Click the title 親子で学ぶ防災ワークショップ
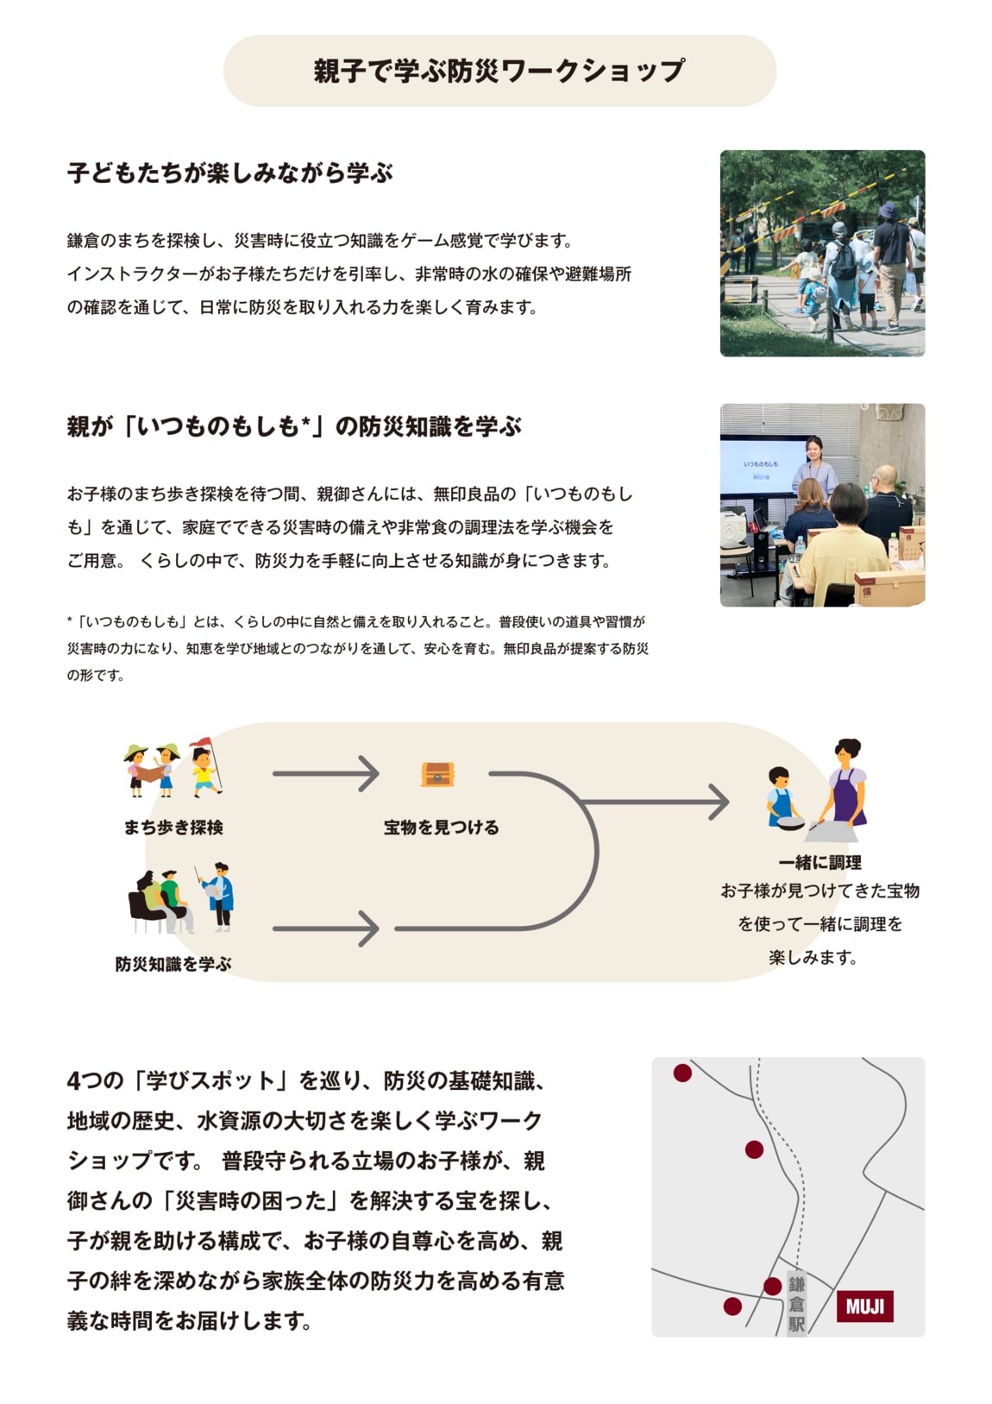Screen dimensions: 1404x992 (499, 71)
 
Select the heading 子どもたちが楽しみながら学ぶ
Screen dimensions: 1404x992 (229, 173)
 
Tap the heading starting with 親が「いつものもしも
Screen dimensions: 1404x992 (293, 426)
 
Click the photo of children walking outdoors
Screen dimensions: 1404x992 (821, 253)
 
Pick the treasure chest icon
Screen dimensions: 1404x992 (437, 774)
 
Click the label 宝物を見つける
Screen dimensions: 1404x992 (441, 828)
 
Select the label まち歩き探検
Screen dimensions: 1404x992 (173, 828)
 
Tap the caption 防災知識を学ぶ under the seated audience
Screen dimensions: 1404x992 (173, 964)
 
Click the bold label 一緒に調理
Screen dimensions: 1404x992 (819, 862)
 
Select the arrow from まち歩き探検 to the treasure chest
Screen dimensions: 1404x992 (325, 773)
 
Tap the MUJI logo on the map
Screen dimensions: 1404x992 (864, 1306)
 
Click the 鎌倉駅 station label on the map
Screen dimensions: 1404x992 (795, 1304)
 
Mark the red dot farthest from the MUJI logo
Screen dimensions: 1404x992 (682, 1073)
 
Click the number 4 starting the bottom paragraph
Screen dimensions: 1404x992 (72, 1081)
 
